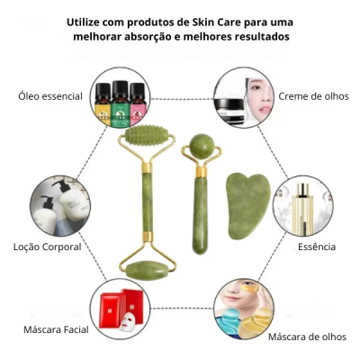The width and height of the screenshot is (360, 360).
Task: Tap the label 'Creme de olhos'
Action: tap(312, 94)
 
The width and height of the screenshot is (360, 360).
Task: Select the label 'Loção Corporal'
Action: tap(48, 246)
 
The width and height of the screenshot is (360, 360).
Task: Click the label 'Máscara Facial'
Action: tap(56, 329)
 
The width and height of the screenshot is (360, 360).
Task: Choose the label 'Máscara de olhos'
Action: tap(305, 336)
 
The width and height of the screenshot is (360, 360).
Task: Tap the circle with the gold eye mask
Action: tap(244, 310)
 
